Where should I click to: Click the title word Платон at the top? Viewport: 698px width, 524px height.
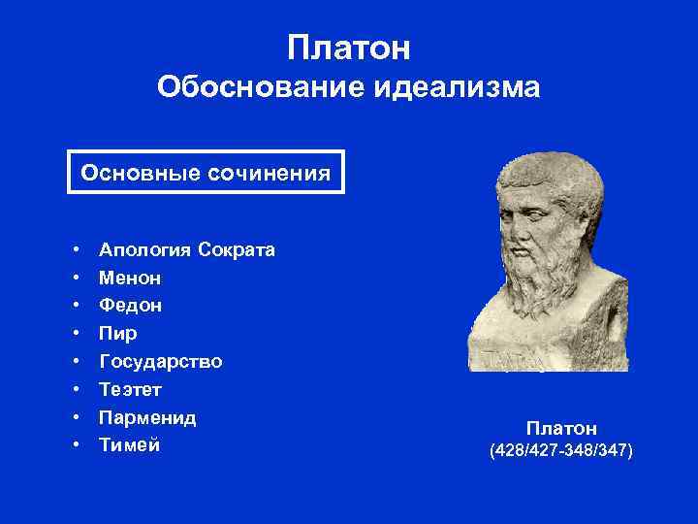[x=349, y=47]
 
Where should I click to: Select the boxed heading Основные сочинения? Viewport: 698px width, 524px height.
[x=206, y=173]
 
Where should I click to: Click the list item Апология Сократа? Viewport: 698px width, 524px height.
[x=187, y=249]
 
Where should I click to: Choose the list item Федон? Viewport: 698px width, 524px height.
[x=131, y=306]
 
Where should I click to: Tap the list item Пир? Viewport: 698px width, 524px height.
[x=118, y=334]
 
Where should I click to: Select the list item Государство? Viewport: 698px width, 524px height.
[x=161, y=362]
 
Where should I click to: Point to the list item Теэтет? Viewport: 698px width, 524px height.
[x=131, y=390]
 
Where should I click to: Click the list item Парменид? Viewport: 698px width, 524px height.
[x=147, y=418]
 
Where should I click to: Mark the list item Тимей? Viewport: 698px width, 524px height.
[x=130, y=445]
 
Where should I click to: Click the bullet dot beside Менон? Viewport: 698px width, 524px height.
[x=75, y=278]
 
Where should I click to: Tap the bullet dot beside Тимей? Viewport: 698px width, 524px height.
[x=75, y=446]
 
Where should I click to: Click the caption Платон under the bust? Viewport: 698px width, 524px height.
[x=561, y=428]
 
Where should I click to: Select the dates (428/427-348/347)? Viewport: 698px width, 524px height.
[x=561, y=451]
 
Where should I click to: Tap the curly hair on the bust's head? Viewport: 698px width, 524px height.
[x=548, y=175]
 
